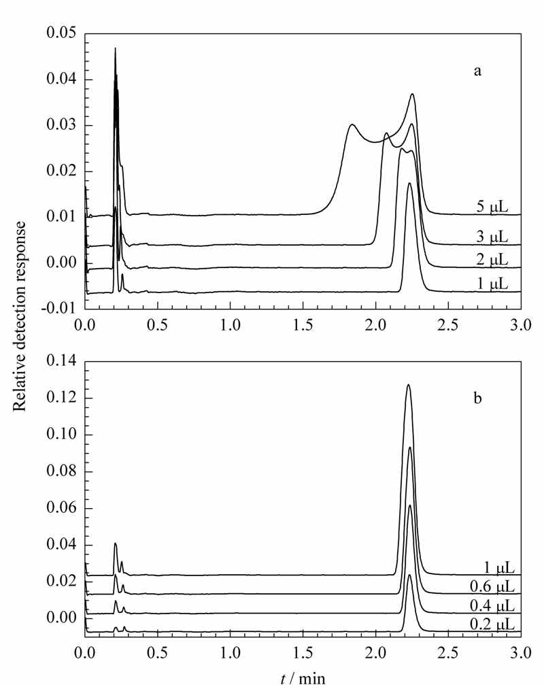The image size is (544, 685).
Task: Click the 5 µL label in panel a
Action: [x=492, y=207]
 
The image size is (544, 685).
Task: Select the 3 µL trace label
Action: [x=492, y=237]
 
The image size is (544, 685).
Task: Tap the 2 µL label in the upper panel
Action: [x=492, y=261]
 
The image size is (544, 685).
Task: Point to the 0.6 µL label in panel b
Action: [x=492, y=587]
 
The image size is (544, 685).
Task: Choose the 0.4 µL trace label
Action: [x=492, y=605]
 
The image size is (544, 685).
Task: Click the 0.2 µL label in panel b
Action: [x=492, y=624]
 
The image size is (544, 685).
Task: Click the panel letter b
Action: [x=477, y=398]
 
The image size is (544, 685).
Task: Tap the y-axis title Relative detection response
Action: [x=19, y=316]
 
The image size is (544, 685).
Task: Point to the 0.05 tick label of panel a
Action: [x=61, y=33]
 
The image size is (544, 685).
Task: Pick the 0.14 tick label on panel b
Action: [x=61, y=361]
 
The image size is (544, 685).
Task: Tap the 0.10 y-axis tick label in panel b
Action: [x=61, y=435]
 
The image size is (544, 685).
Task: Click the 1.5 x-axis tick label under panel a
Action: [x=303, y=325]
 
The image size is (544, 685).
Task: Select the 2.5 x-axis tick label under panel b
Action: [x=448, y=652]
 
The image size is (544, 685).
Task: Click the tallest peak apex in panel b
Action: [x=408, y=385]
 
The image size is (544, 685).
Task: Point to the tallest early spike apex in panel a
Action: [x=116, y=48]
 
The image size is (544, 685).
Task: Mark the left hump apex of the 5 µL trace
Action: [x=352, y=125]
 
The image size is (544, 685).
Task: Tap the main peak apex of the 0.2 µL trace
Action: [x=409, y=575]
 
